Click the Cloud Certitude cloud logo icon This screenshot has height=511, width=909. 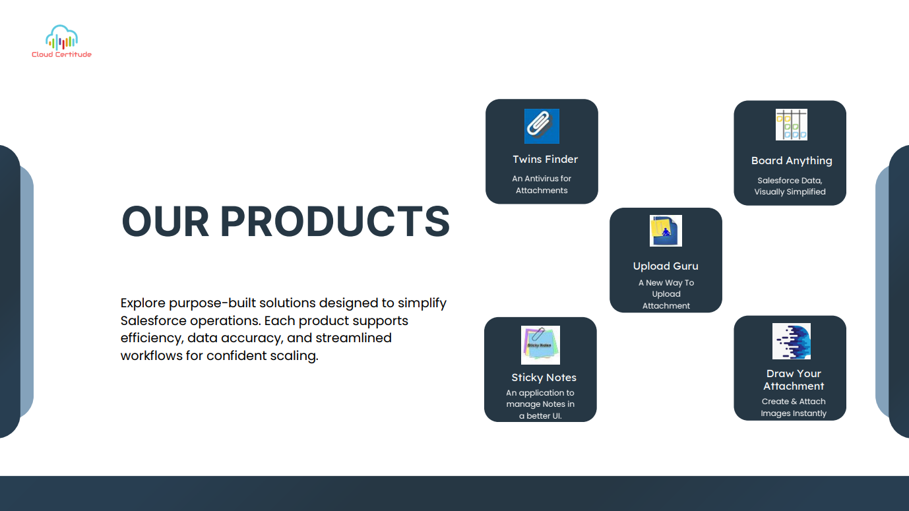click(x=62, y=37)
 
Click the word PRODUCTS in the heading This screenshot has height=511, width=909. click(x=335, y=222)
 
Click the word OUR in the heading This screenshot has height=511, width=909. click(x=165, y=222)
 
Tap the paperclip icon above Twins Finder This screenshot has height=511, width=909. click(x=542, y=126)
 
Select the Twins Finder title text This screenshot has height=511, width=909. click(x=545, y=160)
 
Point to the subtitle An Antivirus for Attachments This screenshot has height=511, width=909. click(x=542, y=184)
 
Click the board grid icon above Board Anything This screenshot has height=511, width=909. click(x=792, y=125)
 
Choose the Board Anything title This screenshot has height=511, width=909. click(x=792, y=161)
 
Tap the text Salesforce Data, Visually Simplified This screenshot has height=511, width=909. click(x=790, y=186)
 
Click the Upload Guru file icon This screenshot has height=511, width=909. click(x=666, y=231)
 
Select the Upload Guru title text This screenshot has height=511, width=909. click(x=666, y=266)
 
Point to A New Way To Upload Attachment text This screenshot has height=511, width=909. click(x=666, y=294)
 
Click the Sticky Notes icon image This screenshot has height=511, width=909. click(x=540, y=345)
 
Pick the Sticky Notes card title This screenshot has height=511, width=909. click(x=544, y=378)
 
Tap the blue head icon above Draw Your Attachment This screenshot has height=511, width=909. click(x=792, y=341)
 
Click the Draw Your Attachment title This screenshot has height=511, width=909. click(x=794, y=380)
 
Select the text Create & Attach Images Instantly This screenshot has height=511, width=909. click(x=794, y=407)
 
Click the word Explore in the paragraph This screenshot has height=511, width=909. click(x=143, y=303)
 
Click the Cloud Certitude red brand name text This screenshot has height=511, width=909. click(x=62, y=54)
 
